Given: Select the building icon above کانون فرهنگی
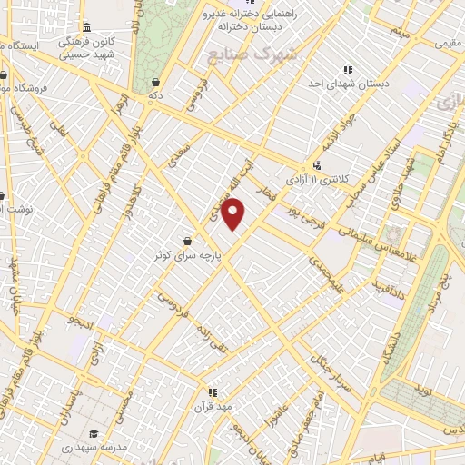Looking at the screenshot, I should pyautogui.click(x=86, y=27).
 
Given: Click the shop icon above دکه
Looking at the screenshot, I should pyautogui.click(x=155, y=81).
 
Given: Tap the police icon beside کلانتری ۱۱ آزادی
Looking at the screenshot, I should pyautogui.click(x=317, y=165).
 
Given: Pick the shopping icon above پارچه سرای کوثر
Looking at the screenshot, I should pyautogui.click(x=187, y=242).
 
